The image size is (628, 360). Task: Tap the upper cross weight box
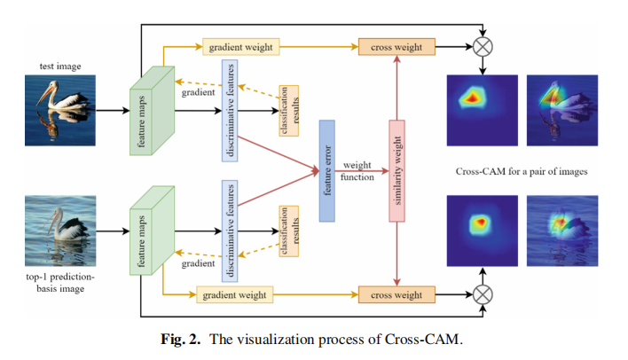[391, 46]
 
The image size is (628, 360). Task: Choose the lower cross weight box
[391, 293]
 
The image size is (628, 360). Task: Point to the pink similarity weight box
[396, 169]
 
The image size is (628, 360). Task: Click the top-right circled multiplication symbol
[483, 46]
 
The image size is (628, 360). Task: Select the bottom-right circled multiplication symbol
[483, 293]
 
